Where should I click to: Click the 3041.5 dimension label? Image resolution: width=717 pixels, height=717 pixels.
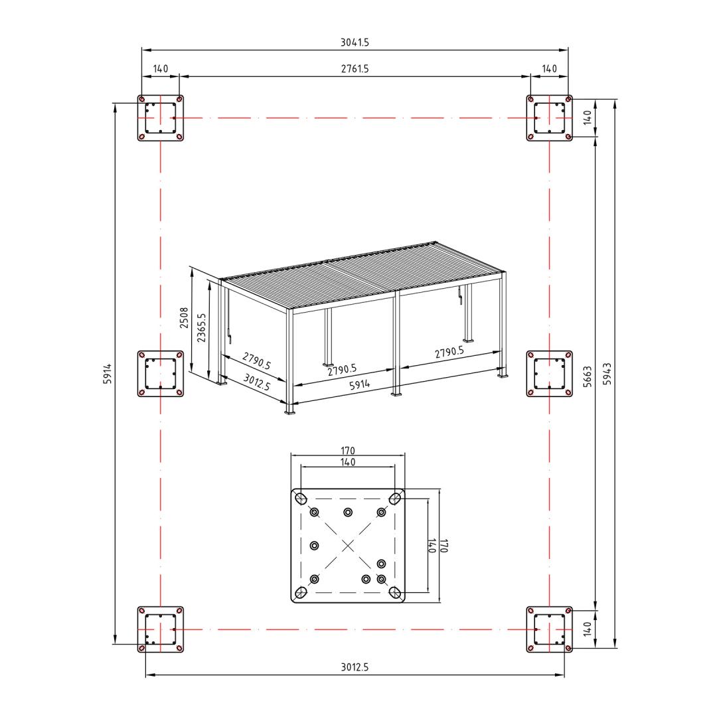pyautogui.click(x=355, y=42)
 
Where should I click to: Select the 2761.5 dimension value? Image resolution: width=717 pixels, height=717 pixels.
pyautogui.click(x=355, y=68)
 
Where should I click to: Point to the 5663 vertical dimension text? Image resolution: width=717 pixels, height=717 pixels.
pyautogui.click(x=588, y=376)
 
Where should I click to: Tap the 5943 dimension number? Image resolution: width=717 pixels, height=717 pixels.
pyautogui.click(x=607, y=374)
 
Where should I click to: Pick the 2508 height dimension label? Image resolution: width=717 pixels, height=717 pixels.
pyautogui.click(x=184, y=318)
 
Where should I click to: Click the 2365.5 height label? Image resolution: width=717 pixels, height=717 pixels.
pyautogui.click(x=201, y=327)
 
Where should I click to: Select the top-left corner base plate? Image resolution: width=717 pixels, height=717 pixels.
pyautogui.click(x=161, y=118)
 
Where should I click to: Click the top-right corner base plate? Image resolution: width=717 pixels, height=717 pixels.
pyautogui.click(x=549, y=118)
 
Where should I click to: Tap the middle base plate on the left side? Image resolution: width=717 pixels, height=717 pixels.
pyautogui.click(x=161, y=374)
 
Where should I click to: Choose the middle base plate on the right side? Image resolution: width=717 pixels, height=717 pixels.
pyautogui.click(x=549, y=374)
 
